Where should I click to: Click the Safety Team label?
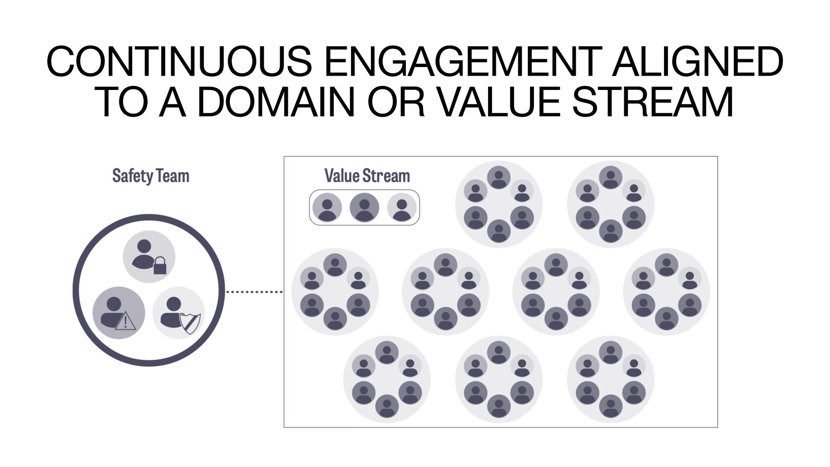[x=150, y=176]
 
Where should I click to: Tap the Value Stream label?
[x=367, y=176]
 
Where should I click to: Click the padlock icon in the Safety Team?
[x=160, y=265]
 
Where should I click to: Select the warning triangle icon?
[x=125, y=322]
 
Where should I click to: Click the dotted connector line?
[x=254, y=292]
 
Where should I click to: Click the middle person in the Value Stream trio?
[x=364, y=208]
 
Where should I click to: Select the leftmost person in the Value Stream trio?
[x=327, y=208]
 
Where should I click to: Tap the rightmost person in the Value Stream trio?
[x=402, y=208]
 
